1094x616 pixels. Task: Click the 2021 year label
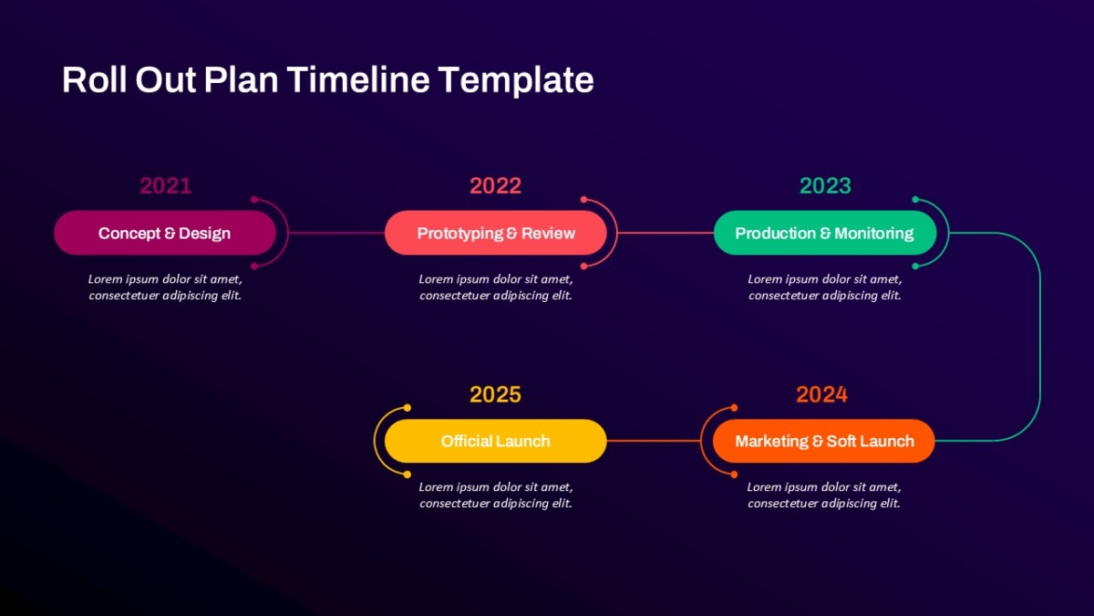pos(166,186)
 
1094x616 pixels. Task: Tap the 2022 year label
pos(495,186)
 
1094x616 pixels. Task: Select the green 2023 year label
pos(825,186)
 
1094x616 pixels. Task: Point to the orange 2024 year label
pos(822,394)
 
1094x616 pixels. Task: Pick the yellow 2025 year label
pos(495,394)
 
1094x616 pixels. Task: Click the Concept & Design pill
pos(165,233)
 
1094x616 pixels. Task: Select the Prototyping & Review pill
pos(496,233)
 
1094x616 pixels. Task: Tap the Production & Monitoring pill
pos(825,233)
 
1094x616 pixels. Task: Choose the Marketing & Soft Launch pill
pos(824,441)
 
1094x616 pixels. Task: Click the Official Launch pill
pos(496,441)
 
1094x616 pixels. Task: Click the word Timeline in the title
pos(358,79)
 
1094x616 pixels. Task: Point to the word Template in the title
pos(516,80)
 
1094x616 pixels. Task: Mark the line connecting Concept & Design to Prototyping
pos(336,233)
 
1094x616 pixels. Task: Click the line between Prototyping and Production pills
pos(666,233)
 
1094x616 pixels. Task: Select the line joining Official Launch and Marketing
pos(654,441)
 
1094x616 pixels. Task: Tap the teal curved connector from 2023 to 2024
pos(1040,337)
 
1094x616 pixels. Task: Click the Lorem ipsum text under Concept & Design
pos(165,287)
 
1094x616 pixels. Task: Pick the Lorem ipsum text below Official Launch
pos(496,495)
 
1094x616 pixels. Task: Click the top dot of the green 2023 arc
pos(915,200)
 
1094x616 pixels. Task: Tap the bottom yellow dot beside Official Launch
pos(408,475)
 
